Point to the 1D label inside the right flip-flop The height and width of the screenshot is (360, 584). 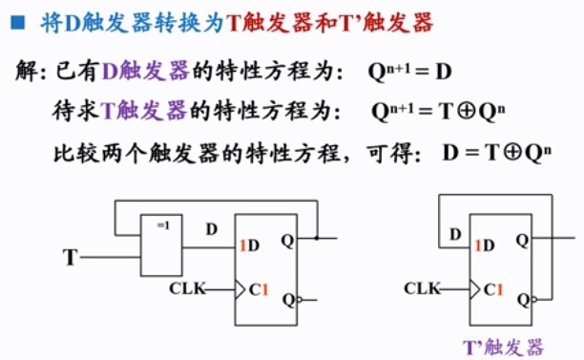pos(483,245)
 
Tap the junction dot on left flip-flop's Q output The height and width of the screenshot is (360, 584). pos(317,239)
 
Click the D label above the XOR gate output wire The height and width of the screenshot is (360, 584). pos(211,230)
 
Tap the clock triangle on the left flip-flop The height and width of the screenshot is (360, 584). pos(240,287)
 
